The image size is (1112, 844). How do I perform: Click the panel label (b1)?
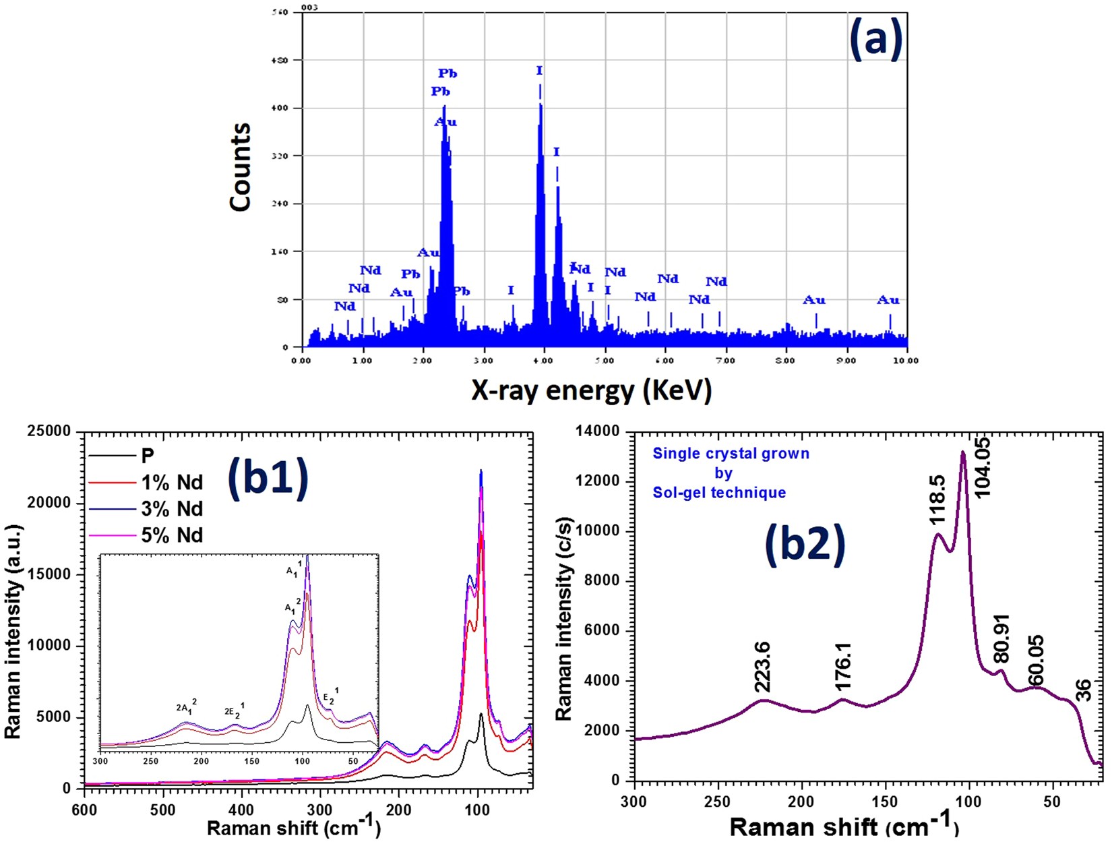coord(268,478)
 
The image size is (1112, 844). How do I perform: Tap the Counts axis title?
coord(241,167)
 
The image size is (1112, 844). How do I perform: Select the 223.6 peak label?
coord(762,667)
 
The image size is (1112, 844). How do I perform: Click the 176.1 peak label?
coord(843,667)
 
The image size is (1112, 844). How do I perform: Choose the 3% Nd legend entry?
coord(172,508)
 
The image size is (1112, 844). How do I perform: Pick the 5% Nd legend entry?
coord(172,535)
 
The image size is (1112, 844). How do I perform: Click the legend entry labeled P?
coord(148,456)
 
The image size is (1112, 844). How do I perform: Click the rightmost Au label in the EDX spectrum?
coord(888,301)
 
